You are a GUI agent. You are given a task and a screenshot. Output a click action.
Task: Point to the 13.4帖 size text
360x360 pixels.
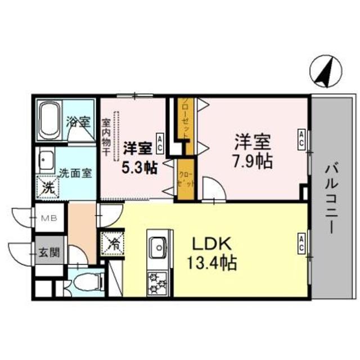(211, 262)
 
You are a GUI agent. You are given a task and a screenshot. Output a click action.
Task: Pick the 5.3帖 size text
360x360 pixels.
(138, 166)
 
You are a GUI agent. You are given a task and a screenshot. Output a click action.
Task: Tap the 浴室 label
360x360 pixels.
(78, 121)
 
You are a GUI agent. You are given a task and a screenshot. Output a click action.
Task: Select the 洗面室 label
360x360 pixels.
(76, 173)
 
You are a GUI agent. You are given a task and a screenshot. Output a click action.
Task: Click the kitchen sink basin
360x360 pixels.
(158, 246)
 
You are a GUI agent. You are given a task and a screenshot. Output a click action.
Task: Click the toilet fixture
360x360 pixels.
(85, 281)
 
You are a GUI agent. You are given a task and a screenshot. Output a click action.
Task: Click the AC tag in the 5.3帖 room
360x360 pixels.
(160, 141)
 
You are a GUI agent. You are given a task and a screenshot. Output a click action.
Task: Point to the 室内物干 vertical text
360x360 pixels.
(106, 135)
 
